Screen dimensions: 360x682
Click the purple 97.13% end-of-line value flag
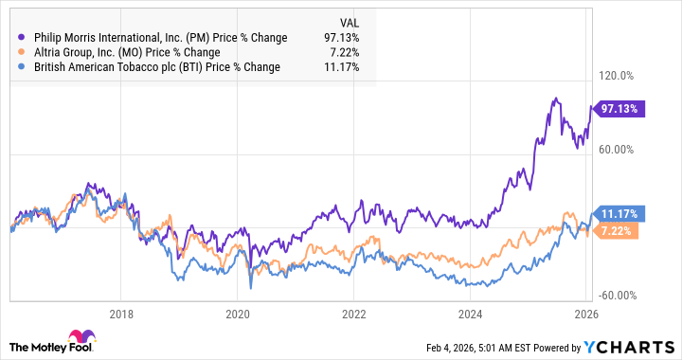(620, 109)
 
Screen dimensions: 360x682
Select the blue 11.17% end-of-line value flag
(620, 213)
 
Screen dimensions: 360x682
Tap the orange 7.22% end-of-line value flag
(620, 230)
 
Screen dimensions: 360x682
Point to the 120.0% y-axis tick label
(637, 76)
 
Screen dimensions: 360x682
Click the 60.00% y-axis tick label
(637, 149)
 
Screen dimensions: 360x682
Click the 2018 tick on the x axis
(120, 313)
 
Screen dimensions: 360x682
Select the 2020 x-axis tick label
(237, 313)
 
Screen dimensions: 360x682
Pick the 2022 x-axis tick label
(353, 313)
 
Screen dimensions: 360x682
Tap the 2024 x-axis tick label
(470, 313)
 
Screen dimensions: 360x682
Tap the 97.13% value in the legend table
(340, 38)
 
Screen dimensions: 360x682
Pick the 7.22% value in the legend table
(343, 52)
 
